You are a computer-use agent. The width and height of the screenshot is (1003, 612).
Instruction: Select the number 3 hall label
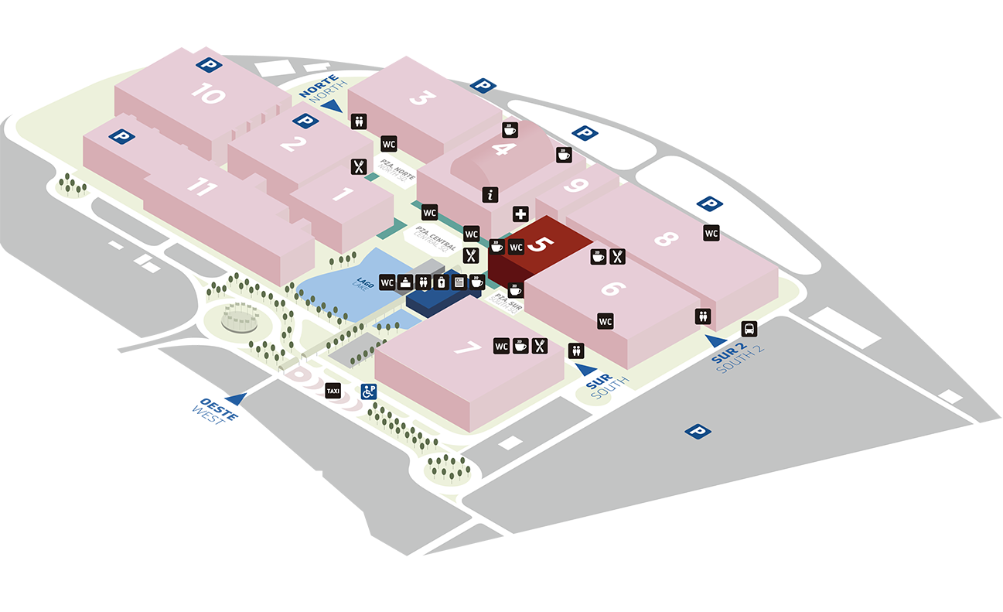coord(423,98)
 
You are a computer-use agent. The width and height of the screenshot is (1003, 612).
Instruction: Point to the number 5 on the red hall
coord(544,244)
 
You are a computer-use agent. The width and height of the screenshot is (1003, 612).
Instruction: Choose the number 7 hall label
coord(467,349)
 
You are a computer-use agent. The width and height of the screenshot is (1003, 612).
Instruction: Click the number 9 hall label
coord(573,186)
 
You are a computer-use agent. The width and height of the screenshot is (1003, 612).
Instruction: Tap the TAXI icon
coord(333,391)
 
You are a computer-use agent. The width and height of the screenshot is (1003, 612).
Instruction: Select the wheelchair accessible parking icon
coord(368,391)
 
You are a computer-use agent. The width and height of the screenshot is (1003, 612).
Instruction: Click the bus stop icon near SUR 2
coord(749,328)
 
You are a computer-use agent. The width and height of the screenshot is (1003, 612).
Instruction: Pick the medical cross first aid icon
coord(520,214)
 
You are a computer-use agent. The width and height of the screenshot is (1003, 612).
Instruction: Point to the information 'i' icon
coord(490,195)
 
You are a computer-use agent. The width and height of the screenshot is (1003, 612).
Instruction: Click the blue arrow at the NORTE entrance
coord(332,106)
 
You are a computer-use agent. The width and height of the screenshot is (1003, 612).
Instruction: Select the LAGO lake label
coord(364,283)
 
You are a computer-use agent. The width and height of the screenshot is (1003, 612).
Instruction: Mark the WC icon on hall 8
coord(711,232)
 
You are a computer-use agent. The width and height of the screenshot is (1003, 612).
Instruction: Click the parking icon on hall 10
coord(207,65)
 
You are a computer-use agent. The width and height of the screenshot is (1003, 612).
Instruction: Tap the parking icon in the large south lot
coord(698,431)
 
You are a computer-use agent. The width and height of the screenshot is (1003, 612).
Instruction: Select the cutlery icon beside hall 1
coord(358,166)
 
